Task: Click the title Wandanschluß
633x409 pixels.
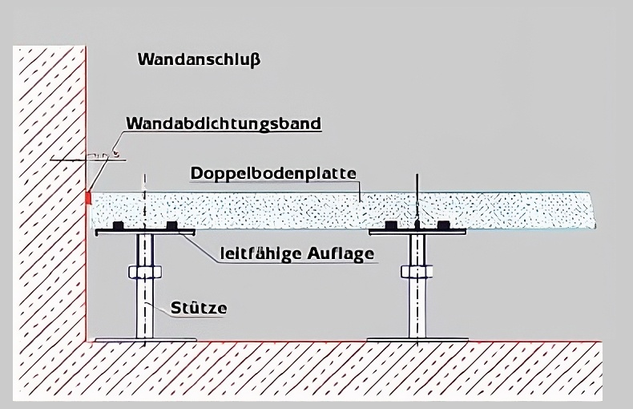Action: (199, 59)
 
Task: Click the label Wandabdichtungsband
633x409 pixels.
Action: (223, 124)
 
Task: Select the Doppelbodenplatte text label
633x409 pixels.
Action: (272, 173)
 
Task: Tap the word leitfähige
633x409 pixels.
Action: (256, 254)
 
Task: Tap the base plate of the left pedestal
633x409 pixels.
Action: (144, 340)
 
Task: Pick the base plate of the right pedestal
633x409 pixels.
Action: (417, 340)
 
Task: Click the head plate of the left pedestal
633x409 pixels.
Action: (145, 233)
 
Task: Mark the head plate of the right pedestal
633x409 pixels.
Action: (417, 233)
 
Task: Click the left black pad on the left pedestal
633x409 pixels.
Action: (119, 226)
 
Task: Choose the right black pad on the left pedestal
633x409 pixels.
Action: (171, 226)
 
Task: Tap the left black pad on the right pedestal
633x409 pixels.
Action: (392, 226)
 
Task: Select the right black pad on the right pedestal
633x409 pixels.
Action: (443, 226)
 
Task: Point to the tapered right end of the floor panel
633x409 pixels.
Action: (593, 212)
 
